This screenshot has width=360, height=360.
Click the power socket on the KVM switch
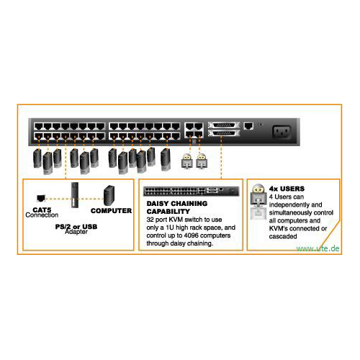(x=282, y=132)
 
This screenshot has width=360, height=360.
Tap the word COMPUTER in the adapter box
(x=111, y=211)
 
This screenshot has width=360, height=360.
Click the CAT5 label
(x=42, y=210)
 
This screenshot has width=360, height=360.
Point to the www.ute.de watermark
(x=318, y=248)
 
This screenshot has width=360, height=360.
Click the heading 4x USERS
(x=287, y=189)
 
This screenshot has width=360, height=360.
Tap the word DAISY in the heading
(x=158, y=204)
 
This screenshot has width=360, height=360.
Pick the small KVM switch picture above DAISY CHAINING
(x=192, y=192)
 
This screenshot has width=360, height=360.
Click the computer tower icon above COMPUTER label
(x=109, y=196)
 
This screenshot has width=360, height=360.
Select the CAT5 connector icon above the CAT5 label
(x=41, y=198)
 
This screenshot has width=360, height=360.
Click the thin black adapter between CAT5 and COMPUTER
(x=75, y=195)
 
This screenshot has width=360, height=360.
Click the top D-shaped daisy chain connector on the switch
(x=224, y=125)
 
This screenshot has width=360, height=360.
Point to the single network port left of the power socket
(x=248, y=126)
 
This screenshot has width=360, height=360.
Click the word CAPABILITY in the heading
(x=168, y=212)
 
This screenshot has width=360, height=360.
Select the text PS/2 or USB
(x=76, y=227)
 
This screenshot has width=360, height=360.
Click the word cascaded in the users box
(x=283, y=236)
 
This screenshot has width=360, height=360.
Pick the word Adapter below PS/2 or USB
(x=76, y=232)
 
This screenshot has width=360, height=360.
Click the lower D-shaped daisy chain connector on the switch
(x=224, y=133)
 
